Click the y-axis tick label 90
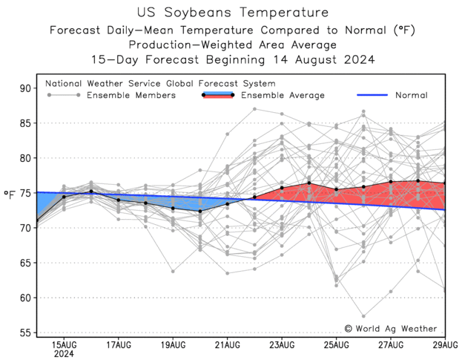pyautogui.click(x=24, y=88)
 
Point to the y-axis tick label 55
pyautogui.click(x=24, y=333)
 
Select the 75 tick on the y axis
pyautogui.click(x=24, y=193)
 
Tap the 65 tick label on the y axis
pyautogui.click(x=24, y=263)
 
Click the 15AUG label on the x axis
pyautogui.click(x=64, y=345)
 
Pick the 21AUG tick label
pyautogui.click(x=227, y=345)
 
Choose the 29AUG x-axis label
pyautogui.click(x=444, y=345)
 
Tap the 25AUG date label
pyautogui.click(x=336, y=345)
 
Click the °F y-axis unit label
pyautogui.click(x=9, y=194)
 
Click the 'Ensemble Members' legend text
pyautogui.click(x=131, y=95)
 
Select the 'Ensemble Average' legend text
pyautogui.click(x=283, y=95)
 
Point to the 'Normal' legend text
pyautogui.click(x=411, y=95)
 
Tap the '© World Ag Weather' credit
pyautogui.click(x=390, y=328)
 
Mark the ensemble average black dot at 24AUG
pyautogui.click(x=309, y=183)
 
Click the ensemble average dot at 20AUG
pyautogui.click(x=200, y=212)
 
